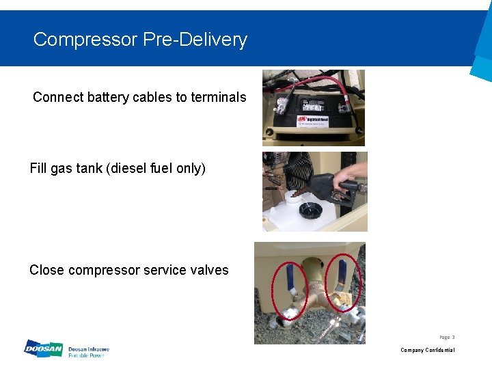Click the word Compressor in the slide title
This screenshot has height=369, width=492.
(x=85, y=40)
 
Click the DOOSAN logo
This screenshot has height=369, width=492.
(x=42, y=349)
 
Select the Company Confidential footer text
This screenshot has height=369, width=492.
(x=427, y=350)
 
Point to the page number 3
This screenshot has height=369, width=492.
(x=453, y=337)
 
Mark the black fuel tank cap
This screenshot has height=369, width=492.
(x=312, y=208)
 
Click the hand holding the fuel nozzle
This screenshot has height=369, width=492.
(x=355, y=171)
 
